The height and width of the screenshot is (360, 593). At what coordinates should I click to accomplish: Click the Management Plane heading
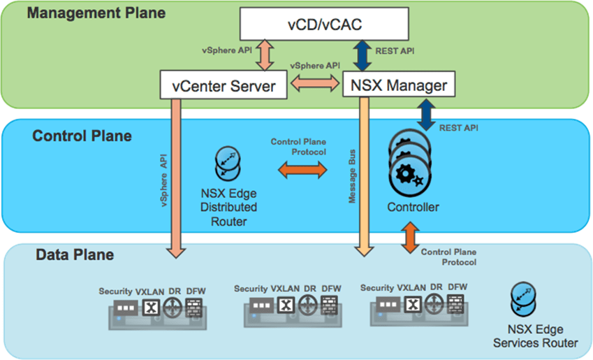click(x=96, y=13)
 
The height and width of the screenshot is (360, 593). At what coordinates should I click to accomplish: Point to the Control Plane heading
click(x=82, y=136)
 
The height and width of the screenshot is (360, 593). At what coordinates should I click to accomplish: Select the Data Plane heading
click(x=75, y=255)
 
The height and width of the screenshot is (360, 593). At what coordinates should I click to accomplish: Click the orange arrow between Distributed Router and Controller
click(x=302, y=169)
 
